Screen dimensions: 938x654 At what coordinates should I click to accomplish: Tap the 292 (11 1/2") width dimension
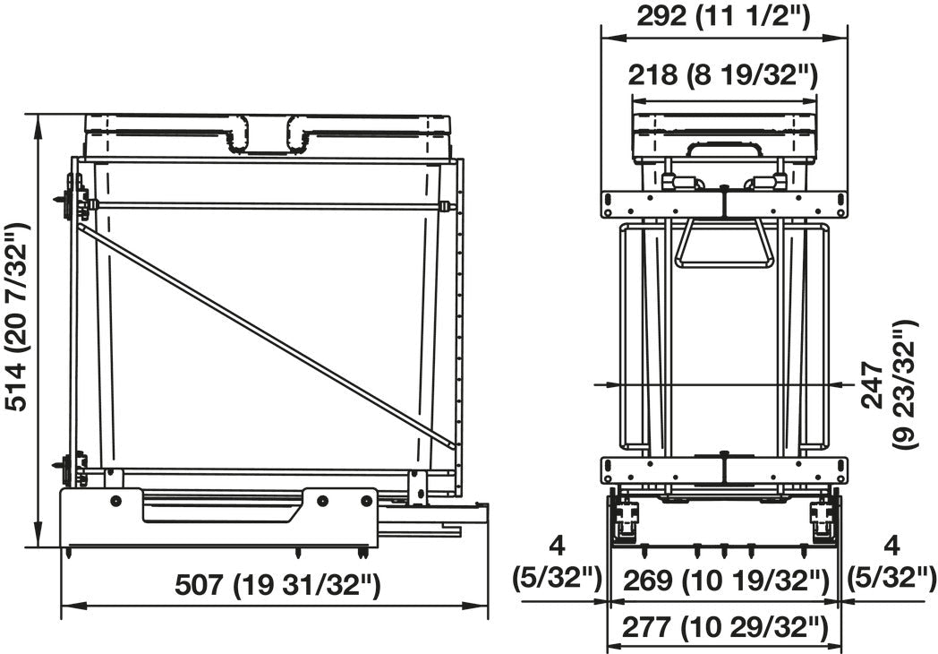723,16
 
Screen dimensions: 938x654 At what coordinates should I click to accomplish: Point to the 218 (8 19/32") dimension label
722,75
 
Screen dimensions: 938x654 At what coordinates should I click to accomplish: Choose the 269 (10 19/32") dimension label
726,581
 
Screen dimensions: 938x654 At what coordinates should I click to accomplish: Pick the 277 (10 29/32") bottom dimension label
725,628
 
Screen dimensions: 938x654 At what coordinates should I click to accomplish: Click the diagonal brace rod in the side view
266,337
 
